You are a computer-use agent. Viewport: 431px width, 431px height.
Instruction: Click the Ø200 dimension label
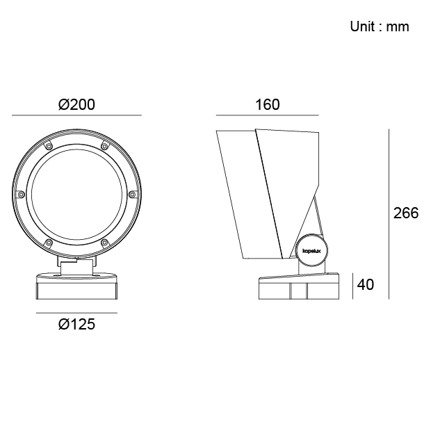click(x=76, y=104)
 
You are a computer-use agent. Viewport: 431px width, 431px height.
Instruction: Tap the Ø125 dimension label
click(x=76, y=324)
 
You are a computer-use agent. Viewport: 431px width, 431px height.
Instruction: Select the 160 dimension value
click(x=268, y=104)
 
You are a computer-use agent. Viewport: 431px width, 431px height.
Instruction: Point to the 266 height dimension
click(x=406, y=213)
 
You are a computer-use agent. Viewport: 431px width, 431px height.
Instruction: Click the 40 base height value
click(x=366, y=284)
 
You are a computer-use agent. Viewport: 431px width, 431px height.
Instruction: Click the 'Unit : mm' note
click(x=380, y=26)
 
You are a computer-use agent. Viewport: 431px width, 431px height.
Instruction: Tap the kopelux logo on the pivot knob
click(x=311, y=251)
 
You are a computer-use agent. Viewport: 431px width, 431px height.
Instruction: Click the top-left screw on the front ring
click(x=49, y=146)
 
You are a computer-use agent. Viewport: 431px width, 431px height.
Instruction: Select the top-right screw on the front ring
click(x=104, y=146)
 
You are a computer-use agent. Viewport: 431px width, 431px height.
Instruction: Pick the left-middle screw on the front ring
click(x=21, y=195)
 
